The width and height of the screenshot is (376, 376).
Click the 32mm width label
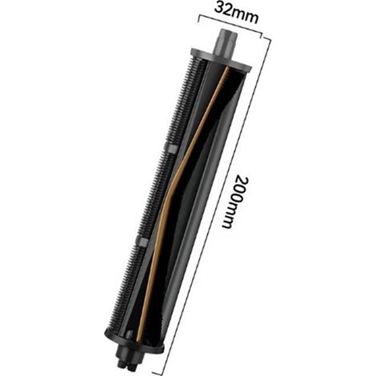pos(236,13)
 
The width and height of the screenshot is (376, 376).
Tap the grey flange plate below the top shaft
pos(221,60)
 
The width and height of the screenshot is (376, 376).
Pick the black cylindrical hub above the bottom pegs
pos(130,354)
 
